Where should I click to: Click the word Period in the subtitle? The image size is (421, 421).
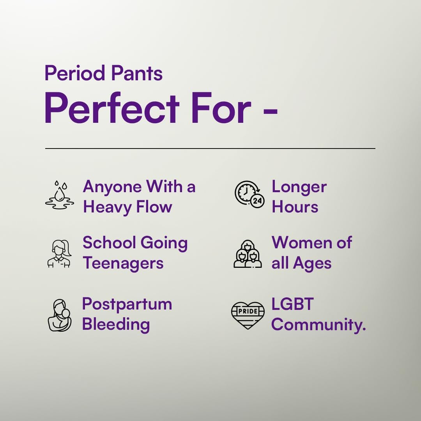(x=74, y=73)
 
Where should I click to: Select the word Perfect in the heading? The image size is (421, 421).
(x=112, y=108)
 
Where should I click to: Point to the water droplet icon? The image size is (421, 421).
(x=60, y=195)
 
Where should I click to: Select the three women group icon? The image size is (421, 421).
(x=248, y=254)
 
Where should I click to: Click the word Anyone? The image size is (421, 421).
(x=112, y=187)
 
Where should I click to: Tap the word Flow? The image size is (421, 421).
(x=154, y=207)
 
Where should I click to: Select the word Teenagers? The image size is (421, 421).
(x=123, y=263)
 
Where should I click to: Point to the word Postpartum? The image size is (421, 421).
(x=127, y=304)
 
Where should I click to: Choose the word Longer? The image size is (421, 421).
(x=299, y=187)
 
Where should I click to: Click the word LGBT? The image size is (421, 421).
(x=293, y=304)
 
